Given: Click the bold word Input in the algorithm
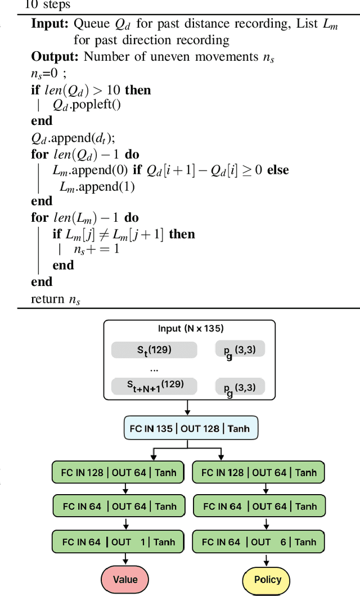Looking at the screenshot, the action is tap(50, 24).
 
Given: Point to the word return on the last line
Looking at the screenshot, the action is tap(48, 299).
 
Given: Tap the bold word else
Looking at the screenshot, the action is tap(278, 169).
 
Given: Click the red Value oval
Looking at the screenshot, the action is tap(125, 579).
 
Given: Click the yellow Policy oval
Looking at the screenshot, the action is tap(267, 579).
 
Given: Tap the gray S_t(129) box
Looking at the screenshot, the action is tap(154, 349).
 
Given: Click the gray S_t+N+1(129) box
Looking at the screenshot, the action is tap(154, 386).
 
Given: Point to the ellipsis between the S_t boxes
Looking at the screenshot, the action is tap(154, 369).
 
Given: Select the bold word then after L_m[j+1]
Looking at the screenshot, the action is tap(182, 234).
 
